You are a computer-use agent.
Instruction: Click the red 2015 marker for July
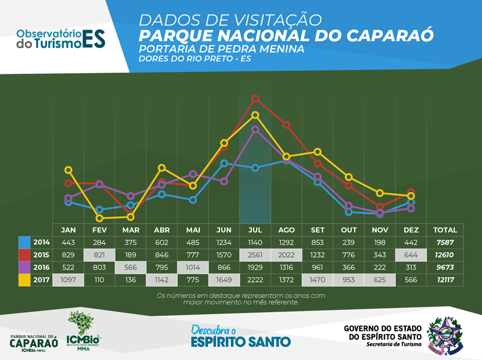coord(255,98)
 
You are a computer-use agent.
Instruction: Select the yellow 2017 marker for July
coord(255,115)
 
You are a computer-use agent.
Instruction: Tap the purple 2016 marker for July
coord(255,130)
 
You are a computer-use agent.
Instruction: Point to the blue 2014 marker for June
coord(224,163)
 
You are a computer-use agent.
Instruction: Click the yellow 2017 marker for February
coord(99,218)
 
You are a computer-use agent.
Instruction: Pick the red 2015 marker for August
coord(286,124)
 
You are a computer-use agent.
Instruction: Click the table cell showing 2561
coord(255,254)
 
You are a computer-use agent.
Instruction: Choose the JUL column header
coord(255,230)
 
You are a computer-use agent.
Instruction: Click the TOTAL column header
coord(445,230)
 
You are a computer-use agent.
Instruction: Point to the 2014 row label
coord(42,242)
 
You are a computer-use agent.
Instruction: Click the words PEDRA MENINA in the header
coord(264,49)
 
